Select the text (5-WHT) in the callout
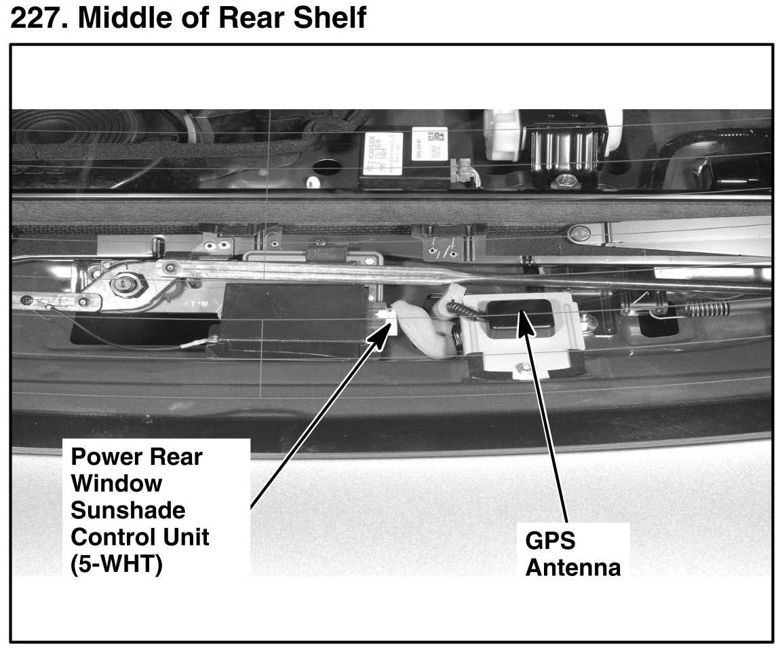tap(116, 564)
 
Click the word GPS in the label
tap(549, 541)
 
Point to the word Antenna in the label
tap(572, 567)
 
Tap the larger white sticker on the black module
tap(383, 153)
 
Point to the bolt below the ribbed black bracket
tap(564, 181)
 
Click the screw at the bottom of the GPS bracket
tap(523, 368)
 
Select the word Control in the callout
tap(111, 537)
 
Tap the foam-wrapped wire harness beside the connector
tap(421, 326)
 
